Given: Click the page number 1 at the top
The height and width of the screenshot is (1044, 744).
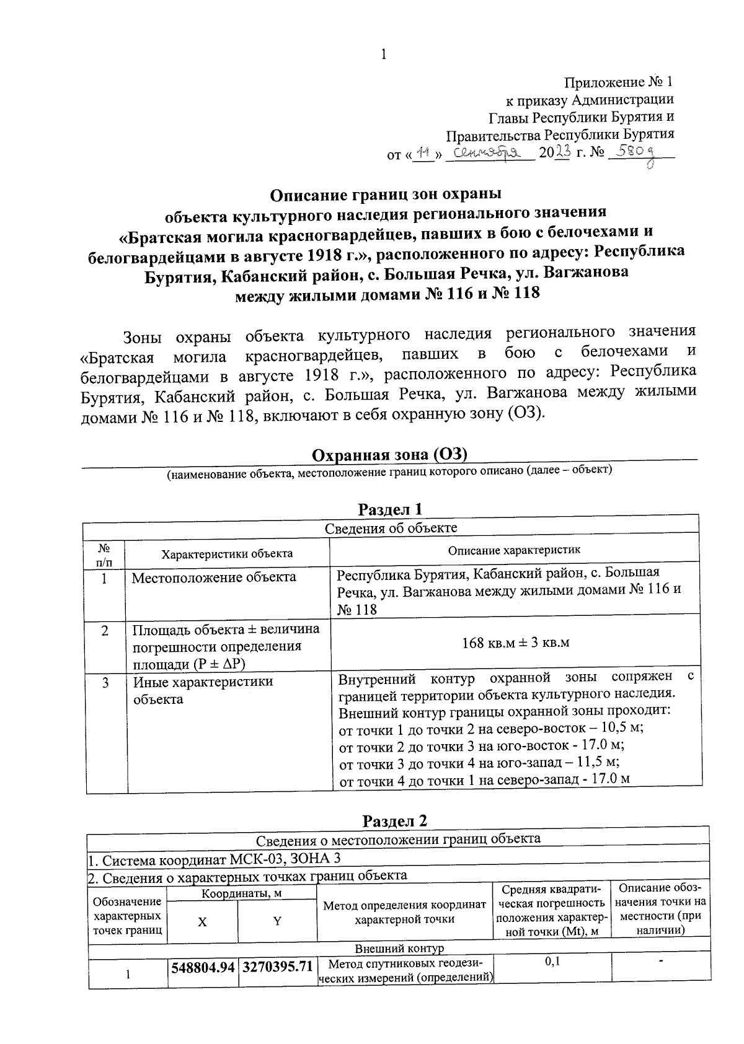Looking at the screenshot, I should [383, 55].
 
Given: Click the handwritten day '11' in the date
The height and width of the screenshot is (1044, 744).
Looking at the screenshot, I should [424, 152].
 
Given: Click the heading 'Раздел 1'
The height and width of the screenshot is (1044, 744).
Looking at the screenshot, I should [391, 509].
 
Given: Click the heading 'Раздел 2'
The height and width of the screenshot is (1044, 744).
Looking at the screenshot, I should [395, 821].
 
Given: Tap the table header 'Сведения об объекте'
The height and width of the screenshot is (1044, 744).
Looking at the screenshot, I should [391, 528].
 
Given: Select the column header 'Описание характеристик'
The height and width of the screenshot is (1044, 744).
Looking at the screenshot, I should [514, 550].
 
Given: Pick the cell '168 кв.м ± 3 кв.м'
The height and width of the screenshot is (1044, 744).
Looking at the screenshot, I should [515, 643].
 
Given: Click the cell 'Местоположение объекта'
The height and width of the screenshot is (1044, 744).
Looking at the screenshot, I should [214, 577].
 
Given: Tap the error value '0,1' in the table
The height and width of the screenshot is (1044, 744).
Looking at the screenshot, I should [552, 961].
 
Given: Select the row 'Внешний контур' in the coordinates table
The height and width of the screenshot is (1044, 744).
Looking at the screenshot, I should [399, 949].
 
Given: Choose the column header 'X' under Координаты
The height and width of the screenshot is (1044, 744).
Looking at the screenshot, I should [202, 921].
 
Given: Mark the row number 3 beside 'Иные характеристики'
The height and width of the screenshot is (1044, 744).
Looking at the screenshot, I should [105, 682].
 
